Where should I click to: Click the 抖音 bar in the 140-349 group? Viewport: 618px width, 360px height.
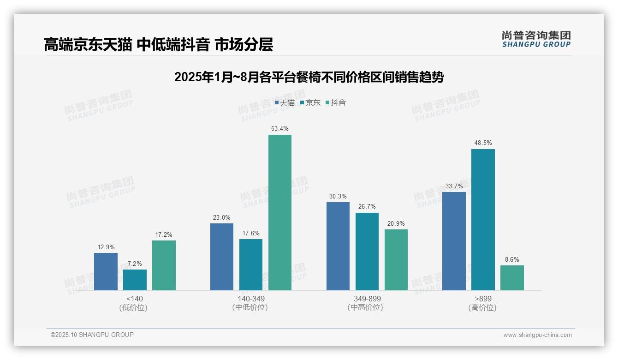(280, 212)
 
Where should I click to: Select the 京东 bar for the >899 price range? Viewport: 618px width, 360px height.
(483, 220)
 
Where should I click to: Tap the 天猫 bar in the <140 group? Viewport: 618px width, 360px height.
(106, 271)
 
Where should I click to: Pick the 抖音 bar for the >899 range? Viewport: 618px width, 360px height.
(512, 278)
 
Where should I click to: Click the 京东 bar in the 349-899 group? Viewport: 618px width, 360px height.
(367, 252)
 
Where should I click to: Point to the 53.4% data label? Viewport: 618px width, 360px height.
(280, 129)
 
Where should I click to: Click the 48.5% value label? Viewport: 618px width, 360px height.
(483, 143)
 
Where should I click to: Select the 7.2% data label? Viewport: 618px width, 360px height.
(135, 264)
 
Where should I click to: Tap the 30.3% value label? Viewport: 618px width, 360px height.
(338, 196)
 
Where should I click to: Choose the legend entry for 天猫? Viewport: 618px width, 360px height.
(285, 103)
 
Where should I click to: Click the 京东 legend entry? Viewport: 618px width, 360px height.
(310, 103)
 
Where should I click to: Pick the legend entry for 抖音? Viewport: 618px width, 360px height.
(336, 103)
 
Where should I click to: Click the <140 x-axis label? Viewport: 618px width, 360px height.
(135, 299)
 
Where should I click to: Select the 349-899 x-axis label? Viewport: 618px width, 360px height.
(367, 299)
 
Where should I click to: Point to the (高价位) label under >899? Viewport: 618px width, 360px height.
(482, 307)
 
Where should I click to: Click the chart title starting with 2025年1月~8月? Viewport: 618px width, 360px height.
(309, 77)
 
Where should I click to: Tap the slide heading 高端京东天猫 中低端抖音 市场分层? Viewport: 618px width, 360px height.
(159, 44)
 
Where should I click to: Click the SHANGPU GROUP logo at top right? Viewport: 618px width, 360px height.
(536, 39)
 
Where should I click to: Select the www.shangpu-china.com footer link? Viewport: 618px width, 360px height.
(537, 335)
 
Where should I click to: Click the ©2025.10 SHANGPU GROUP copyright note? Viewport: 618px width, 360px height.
(92, 335)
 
